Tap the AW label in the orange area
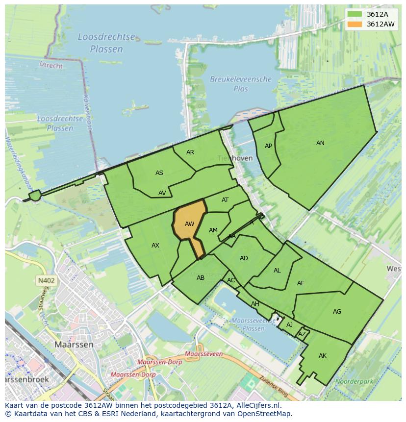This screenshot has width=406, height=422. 189,224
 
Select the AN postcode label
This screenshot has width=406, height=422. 320,143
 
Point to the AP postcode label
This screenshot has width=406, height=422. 268,146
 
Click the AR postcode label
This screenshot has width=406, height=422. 190,152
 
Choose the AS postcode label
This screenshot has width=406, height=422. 159,173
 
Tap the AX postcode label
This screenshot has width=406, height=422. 155,246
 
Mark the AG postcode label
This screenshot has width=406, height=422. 337,312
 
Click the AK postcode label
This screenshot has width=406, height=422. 322,356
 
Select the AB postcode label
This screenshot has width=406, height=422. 201,278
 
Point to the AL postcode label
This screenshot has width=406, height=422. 277,271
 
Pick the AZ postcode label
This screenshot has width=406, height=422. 302,334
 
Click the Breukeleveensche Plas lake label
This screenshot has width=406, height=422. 241,84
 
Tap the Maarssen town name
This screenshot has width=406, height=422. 74,345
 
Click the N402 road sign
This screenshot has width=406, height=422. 46,281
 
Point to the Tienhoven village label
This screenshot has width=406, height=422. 235,158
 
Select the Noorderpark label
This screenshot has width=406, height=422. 352,381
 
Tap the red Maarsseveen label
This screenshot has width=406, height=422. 204,354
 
